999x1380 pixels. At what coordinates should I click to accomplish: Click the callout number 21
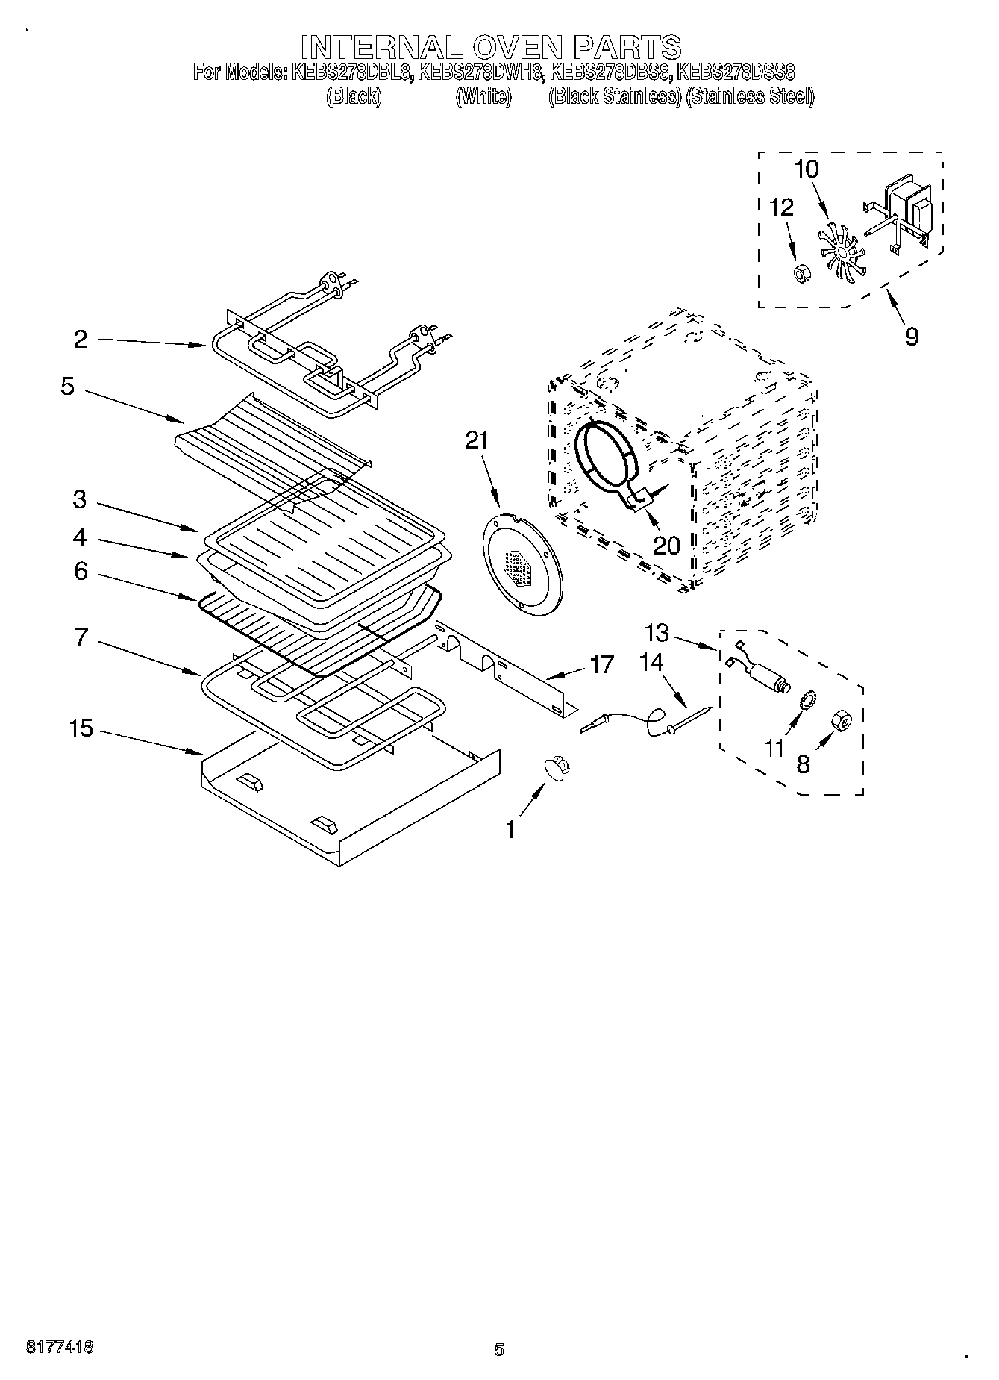click(476, 441)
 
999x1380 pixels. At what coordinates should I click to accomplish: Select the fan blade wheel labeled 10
click(838, 253)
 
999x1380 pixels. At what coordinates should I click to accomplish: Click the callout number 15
click(81, 728)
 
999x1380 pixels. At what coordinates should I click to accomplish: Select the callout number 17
click(601, 664)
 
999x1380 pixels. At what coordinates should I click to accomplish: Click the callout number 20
click(666, 546)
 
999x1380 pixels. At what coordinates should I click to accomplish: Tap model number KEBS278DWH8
click(480, 72)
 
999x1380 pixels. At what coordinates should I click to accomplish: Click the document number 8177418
click(60, 1348)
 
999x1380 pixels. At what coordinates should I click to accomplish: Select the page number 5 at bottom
click(499, 1349)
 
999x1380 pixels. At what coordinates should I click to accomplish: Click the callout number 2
click(81, 340)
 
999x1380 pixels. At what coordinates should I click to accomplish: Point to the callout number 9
click(912, 337)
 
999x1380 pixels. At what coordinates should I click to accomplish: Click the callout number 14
click(651, 662)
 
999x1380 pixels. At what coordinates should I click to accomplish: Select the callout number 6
click(81, 571)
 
